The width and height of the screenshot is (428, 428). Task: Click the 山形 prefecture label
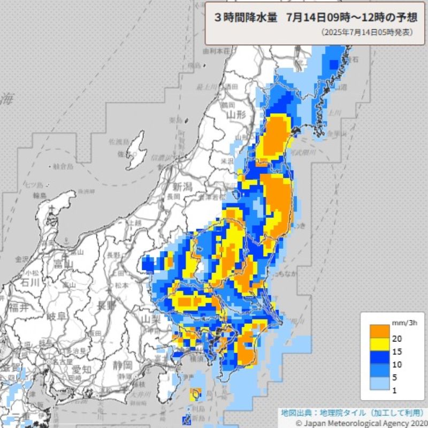(x=235, y=114)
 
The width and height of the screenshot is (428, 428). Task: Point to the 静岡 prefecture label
(x=123, y=366)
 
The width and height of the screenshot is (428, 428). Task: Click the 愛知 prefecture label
(x=82, y=369)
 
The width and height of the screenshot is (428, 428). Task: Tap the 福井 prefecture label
(x=18, y=308)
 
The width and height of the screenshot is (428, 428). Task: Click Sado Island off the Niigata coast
(x=137, y=149)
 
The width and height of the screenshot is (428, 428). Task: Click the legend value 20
(x=396, y=338)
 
